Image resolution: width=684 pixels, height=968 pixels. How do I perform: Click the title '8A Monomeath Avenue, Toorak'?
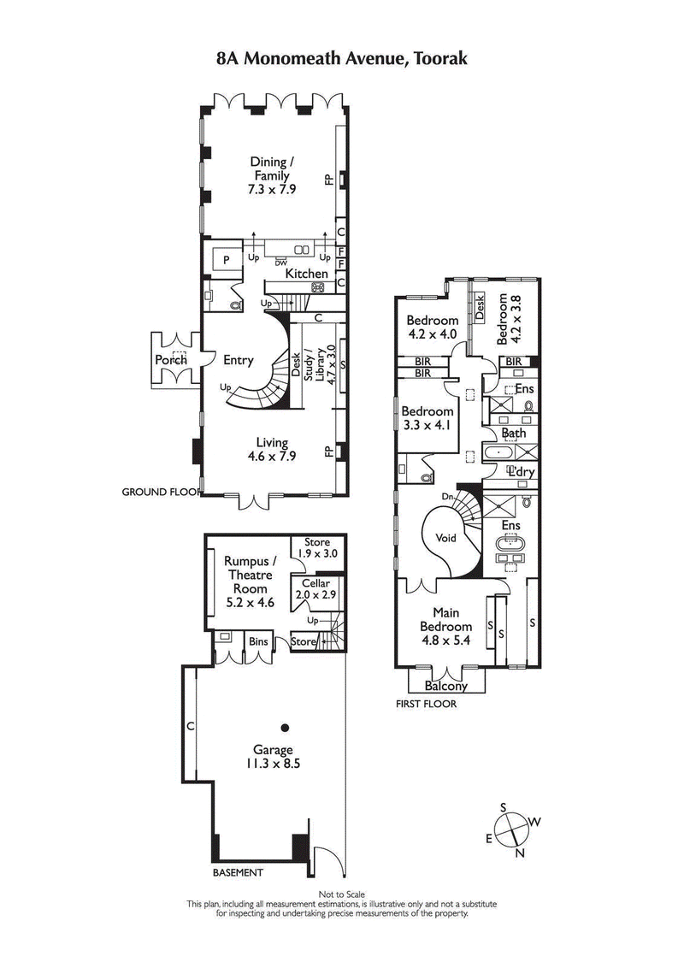coord(341,59)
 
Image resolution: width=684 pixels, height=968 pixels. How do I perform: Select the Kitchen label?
coord(306,274)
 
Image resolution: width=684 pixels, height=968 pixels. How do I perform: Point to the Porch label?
coord(171,360)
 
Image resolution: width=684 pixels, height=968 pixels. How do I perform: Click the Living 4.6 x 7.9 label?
coord(269,449)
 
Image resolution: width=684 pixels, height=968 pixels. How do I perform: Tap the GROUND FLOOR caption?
coord(160,492)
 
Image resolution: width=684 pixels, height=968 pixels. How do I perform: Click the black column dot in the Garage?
coord(285,728)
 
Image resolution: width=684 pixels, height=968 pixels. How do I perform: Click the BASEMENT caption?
coord(238,872)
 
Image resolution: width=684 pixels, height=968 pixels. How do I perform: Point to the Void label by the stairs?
coord(445,539)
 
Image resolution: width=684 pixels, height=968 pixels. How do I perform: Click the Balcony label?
coord(446,686)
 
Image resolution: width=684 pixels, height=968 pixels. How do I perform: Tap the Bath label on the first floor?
coord(515,434)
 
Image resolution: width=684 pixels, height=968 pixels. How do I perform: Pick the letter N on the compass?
coord(520,853)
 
